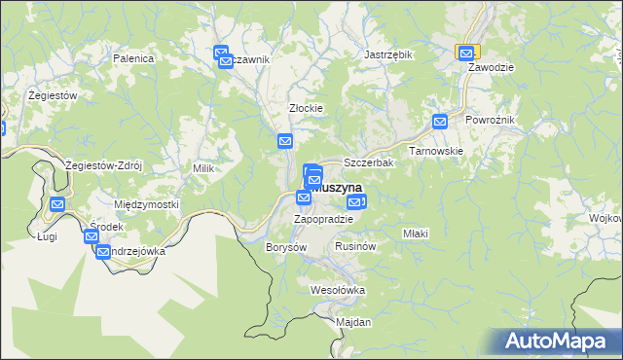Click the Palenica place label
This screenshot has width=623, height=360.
coord(134,58)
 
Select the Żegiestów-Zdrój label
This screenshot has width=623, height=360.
coord(103,165)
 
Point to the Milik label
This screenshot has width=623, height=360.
coord(202,168)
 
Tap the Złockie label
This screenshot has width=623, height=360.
coord(306,108)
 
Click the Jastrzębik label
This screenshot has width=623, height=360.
coord(388,55)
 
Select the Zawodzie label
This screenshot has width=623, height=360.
coord(491,68)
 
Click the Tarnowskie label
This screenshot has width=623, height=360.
coord(435,151)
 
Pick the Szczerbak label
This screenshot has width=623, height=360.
coord(368,163)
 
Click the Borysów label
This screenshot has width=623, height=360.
coord(286,247)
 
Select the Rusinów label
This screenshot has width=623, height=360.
coord(354,247)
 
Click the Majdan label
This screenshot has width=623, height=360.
coord(353,322)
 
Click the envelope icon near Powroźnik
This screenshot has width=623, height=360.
coord(440,123)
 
